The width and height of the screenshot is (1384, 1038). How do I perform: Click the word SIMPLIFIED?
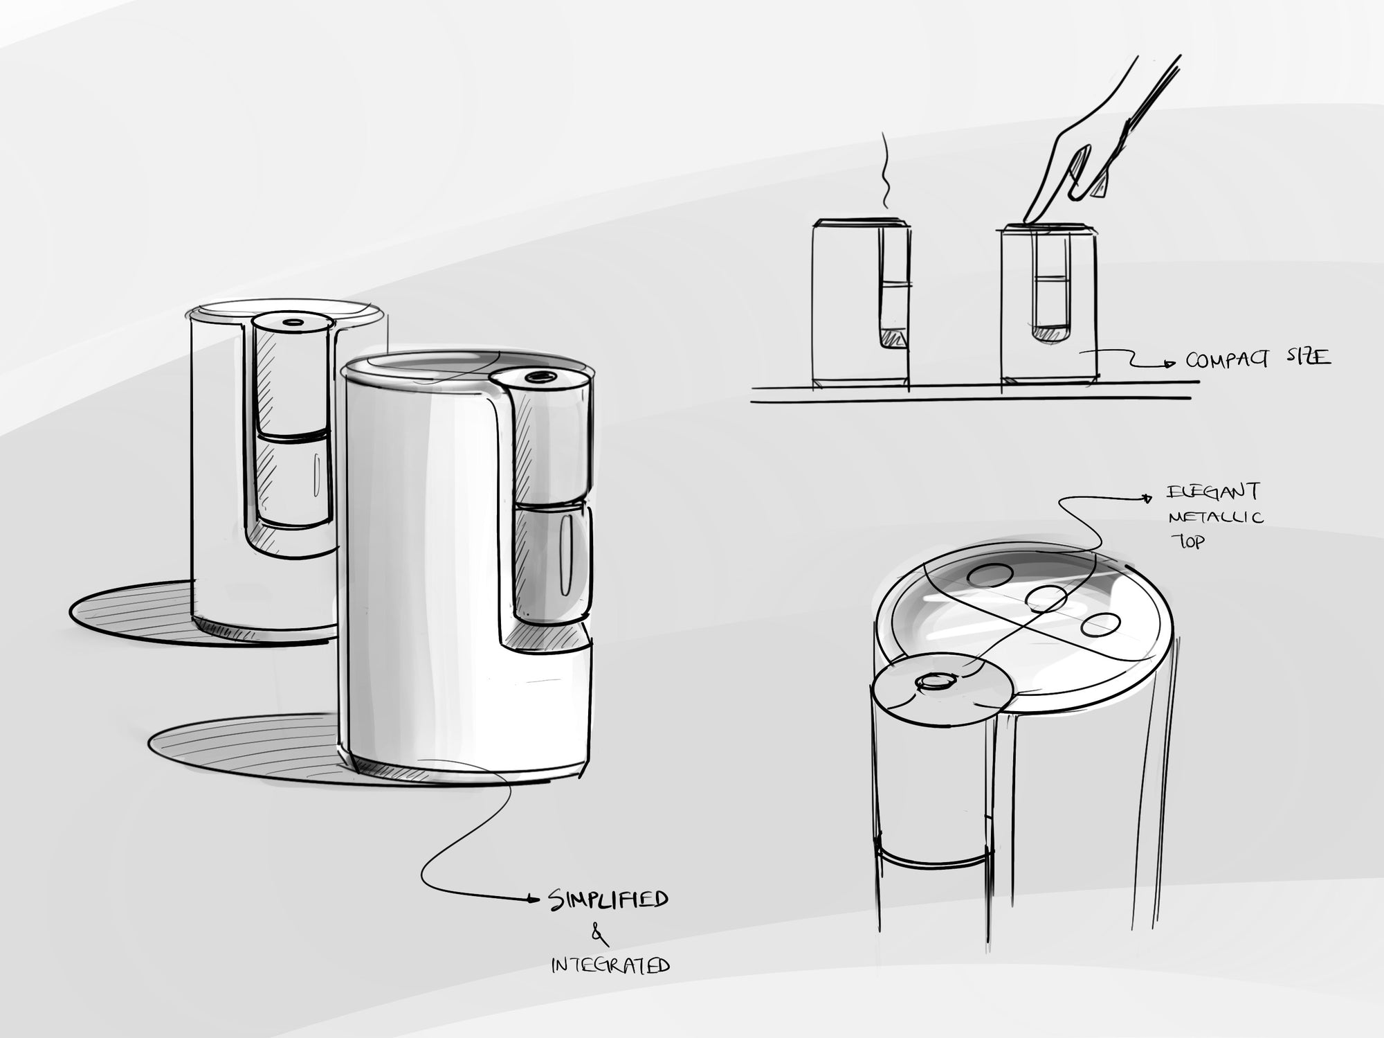tap(609, 900)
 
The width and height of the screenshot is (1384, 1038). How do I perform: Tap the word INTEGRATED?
tap(610, 965)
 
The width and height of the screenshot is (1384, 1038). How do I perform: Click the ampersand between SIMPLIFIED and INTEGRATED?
tap(599, 936)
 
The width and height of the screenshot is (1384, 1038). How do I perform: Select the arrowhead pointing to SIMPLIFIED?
tap(533, 899)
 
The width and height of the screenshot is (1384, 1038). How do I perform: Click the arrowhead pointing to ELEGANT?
tap(1149, 496)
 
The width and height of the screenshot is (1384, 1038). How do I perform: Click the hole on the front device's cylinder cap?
tap(538, 376)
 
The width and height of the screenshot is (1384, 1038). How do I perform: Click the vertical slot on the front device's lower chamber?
tap(565, 561)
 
